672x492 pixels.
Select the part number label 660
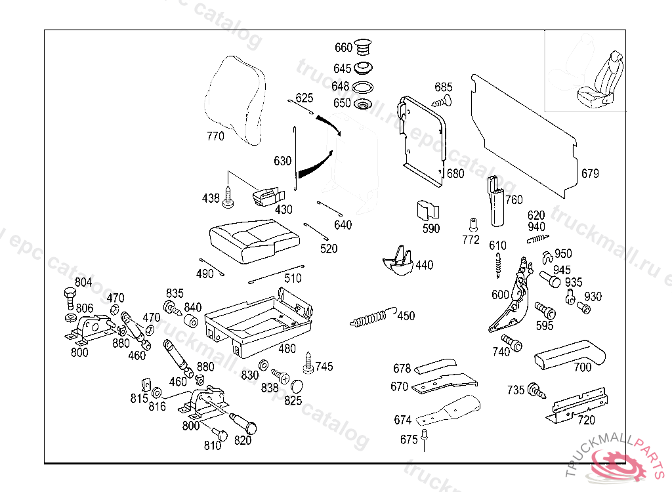[343, 48]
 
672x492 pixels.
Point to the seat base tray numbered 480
[259, 321]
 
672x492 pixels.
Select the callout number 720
[586, 420]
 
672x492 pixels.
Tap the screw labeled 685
[441, 101]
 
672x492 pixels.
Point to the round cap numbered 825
[297, 386]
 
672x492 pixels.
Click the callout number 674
[402, 420]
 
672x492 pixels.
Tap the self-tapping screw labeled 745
[308, 359]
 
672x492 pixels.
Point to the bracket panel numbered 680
[423, 138]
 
